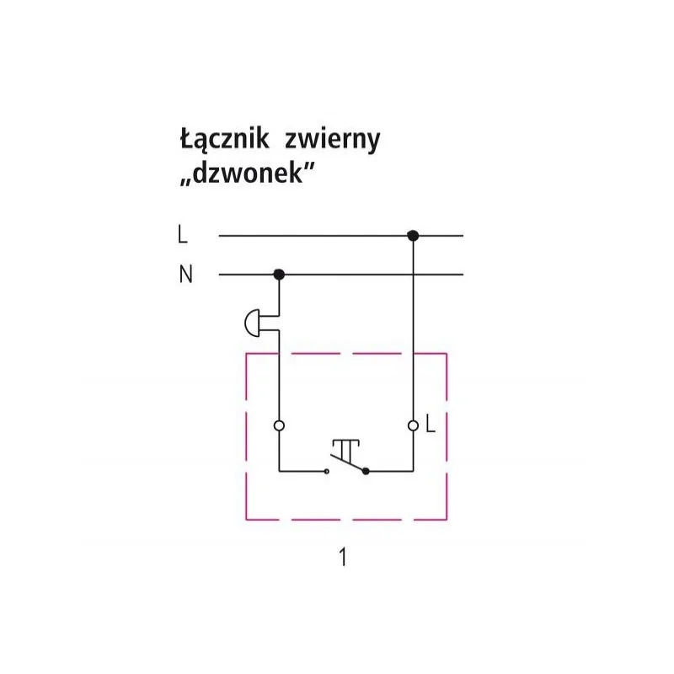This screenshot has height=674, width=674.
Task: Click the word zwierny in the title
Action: coord(333,140)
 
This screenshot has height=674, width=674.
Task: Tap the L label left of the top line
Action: coord(183,235)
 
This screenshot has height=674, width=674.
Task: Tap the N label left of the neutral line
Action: coord(185,274)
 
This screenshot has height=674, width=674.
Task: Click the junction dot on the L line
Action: coord(413,236)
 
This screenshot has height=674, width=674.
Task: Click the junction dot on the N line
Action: coord(279,275)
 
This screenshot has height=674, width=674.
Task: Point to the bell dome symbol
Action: coord(252,323)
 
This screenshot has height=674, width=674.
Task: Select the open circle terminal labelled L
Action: coord(413,425)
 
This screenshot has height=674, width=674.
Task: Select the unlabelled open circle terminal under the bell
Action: coord(279,425)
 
